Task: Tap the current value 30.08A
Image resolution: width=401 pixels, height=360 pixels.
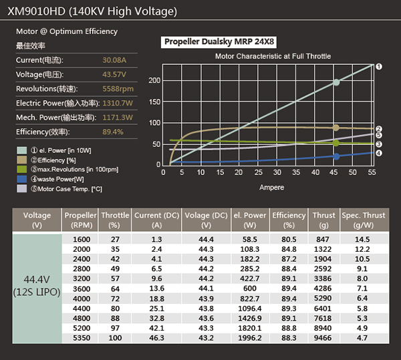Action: point(114,60)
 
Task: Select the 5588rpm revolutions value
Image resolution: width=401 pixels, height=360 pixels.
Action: point(118,89)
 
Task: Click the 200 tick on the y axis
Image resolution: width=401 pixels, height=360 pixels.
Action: point(155,80)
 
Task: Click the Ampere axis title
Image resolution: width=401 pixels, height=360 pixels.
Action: point(272,188)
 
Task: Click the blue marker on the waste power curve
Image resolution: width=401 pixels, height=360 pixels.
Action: point(336,156)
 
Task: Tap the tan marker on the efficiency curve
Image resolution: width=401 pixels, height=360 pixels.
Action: point(336,128)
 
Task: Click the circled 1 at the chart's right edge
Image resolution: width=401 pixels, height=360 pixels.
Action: point(379,67)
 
